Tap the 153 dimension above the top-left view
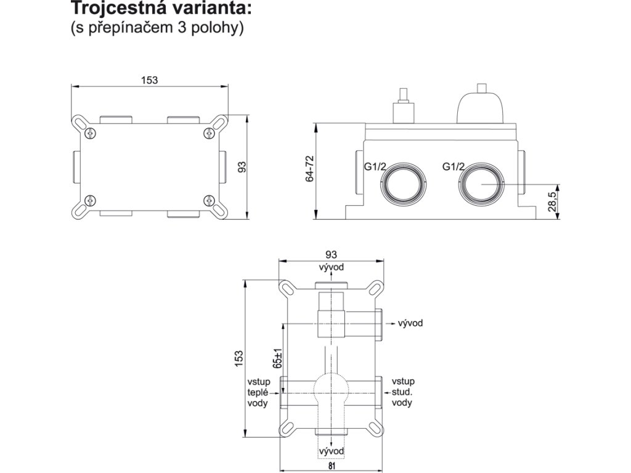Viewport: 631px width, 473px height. click(150, 80)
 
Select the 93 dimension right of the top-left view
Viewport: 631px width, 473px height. click(242, 167)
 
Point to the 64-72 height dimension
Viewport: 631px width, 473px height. click(310, 168)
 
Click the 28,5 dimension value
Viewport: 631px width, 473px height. click(552, 201)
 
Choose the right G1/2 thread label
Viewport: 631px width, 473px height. click(454, 167)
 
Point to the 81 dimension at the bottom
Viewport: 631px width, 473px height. click(331, 466)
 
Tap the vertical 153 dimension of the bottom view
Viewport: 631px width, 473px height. click(239, 357)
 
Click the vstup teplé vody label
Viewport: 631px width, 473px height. click(258, 392)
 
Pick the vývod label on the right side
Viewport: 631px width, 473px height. click(410, 323)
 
